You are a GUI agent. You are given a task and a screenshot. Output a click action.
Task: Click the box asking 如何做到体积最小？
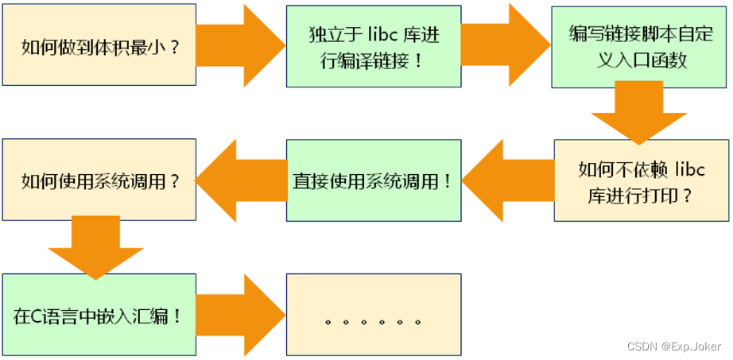click(99, 46)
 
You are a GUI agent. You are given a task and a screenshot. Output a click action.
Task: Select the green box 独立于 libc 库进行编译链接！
click(374, 46)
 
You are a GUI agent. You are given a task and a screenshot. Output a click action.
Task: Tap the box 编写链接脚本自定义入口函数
click(641, 46)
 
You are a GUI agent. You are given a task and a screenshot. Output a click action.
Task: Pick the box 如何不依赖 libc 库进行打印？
click(641, 180)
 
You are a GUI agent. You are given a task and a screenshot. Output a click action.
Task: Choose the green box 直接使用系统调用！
click(374, 180)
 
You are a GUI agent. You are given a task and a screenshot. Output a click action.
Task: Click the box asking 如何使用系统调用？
click(99, 180)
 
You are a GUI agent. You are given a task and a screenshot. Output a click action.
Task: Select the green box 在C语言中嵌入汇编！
click(99, 315)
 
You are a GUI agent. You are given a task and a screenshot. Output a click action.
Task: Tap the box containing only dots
click(374, 315)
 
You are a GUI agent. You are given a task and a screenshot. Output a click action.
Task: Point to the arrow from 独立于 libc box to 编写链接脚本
click(506, 45)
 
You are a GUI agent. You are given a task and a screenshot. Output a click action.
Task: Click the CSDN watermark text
click(640, 346)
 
